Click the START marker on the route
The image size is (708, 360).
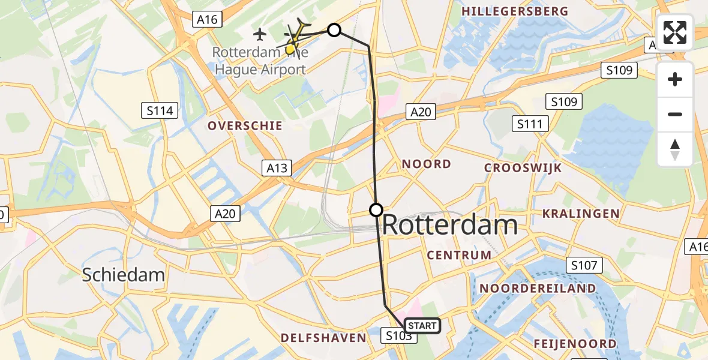[422, 326]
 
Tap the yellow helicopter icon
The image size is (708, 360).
[295, 38]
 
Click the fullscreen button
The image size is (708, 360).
[675, 32]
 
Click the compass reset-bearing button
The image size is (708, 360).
[675, 149]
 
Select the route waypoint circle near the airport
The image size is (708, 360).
[334, 30]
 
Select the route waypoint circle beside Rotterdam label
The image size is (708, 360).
[376, 209]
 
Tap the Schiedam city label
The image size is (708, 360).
[123, 275]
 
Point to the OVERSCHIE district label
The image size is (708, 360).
[245, 126]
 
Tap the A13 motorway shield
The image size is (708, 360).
[277, 168]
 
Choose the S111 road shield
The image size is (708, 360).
[530, 124]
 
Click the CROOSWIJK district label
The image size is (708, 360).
[523, 168]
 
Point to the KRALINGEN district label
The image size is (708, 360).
[581, 214]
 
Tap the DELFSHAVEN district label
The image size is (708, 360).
[323, 338]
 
